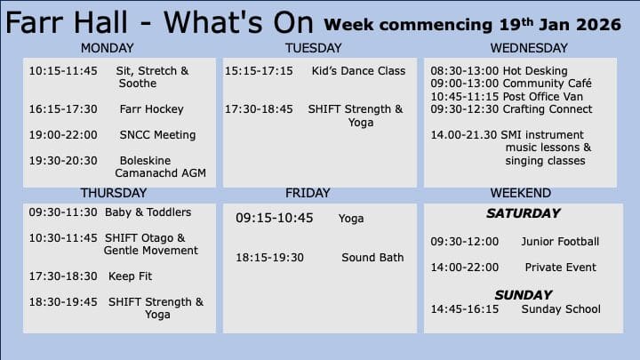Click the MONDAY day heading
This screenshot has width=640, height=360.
coord(107,48)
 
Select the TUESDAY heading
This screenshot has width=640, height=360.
coord(313,48)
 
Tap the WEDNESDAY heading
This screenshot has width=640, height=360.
coord(529,48)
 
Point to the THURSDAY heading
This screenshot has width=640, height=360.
coord(114,193)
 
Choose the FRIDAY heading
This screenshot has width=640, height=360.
coord(308,193)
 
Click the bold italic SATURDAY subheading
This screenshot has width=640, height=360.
coord(524,213)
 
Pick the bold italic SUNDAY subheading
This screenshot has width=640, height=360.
coord(524,295)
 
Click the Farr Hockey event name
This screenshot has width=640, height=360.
coord(151,109)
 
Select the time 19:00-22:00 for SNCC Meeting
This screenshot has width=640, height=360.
coord(63,135)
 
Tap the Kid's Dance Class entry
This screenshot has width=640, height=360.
coord(358,71)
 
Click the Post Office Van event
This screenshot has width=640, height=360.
coord(542,97)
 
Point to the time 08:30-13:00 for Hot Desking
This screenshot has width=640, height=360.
coord(465,71)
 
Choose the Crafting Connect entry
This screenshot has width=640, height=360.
coord(547,109)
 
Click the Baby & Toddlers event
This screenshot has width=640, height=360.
coord(148,212)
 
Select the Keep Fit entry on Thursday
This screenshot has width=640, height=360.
coord(130,276)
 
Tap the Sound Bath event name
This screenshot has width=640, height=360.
coord(372,258)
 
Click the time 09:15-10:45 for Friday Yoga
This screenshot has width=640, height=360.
coord(275,218)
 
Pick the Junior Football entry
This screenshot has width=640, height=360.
coord(560,242)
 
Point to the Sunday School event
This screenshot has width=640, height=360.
coord(561,309)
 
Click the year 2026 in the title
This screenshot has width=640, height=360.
coord(599,25)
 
